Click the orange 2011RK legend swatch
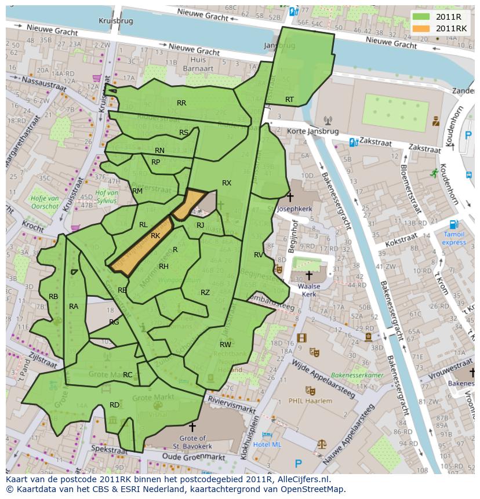pyautogui.click(x=422, y=28)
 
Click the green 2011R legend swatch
pyautogui.click(x=422, y=17)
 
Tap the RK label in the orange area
pyautogui.click(x=155, y=236)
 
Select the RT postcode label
pyautogui.click(x=289, y=100)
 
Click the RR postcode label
pyautogui.click(x=181, y=103)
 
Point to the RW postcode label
pyautogui.click(x=226, y=344)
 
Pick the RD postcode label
pyautogui.click(x=114, y=405)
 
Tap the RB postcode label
pyautogui.click(x=53, y=296)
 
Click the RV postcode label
pyautogui.click(x=259, y=254)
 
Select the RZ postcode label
pyautogui.click(x=205, y=293)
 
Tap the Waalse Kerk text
pyautogui.click(x=308, y=290)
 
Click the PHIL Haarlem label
pyautogui.click(x=311, y=400)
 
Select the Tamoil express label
pyautogui.click(x=454, y=238)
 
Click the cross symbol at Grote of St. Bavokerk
pyautogui.click(x=192, y=427)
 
